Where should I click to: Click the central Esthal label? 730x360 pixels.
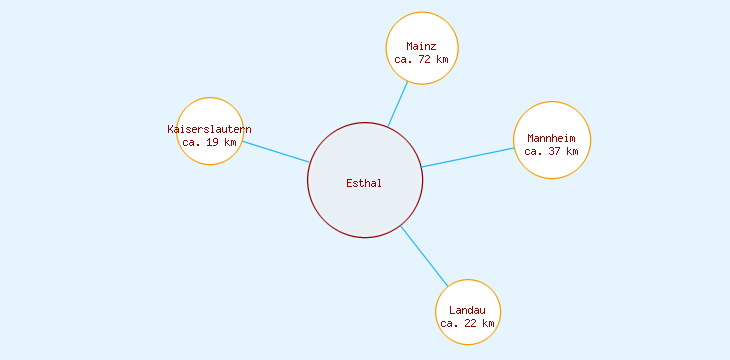[x=364, y=183]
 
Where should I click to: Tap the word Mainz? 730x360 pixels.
[x=421, y=46]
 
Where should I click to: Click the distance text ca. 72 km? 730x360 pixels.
[x=421, y=59]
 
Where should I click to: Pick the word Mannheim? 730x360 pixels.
[x=551, y=138]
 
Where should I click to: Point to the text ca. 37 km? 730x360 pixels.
[x=551, y=152]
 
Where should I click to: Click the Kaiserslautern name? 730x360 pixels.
[x=209, y=129]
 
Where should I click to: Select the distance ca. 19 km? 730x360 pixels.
[x=209, y=142]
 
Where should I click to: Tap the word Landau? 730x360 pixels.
[x=467, y=310]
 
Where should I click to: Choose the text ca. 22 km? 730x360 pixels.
[x=467, y=323]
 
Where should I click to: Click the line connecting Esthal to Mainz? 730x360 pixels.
[x=398, y=104]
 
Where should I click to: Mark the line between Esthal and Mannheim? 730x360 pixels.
[x=468, y=157]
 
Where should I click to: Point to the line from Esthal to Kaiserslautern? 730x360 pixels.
[x=275, y=152]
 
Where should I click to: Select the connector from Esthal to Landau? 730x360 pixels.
[x=423, y=256]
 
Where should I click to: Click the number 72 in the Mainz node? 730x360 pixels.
[x=425, y=59]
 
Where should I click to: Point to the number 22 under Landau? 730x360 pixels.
[x=471, y=323]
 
